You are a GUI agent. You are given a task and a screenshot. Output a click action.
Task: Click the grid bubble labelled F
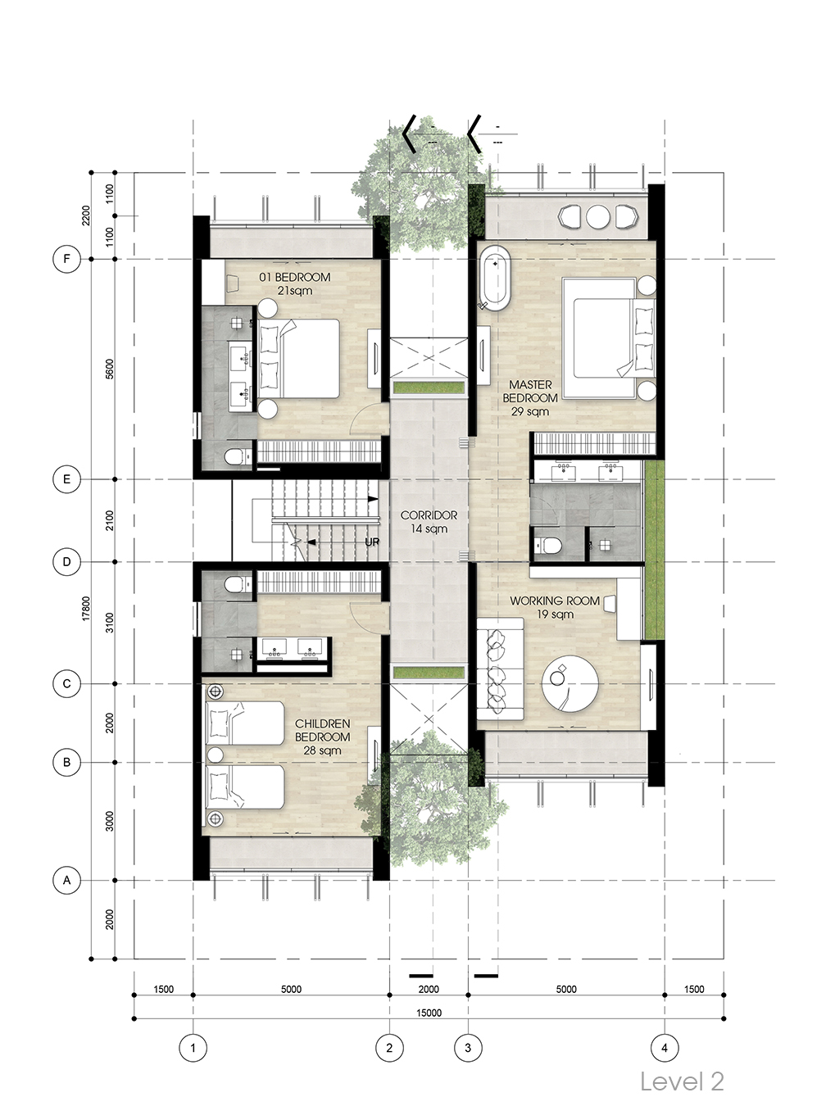(66, 259)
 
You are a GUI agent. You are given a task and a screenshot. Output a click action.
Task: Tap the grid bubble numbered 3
(468, 1048)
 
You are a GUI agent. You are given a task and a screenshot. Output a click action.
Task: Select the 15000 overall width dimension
(429, 1013)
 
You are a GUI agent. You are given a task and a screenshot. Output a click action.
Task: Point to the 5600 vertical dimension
(110, 369)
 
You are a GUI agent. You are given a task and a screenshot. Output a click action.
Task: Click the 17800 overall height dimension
(86, 608)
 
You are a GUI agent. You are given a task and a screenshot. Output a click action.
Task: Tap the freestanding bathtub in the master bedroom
(494, 279)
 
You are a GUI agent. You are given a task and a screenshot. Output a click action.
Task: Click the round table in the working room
(570, 684)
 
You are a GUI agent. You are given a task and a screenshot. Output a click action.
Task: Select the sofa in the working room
(500, 669)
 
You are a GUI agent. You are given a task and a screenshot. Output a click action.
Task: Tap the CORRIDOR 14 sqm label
(429, 522)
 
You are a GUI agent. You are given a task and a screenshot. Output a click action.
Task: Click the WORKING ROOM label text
(554, 601)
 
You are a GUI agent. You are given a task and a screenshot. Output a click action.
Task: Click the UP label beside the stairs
(372, 542)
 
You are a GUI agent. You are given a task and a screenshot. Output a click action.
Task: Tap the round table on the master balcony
(599, 217)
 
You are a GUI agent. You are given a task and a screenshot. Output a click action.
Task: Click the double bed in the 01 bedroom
(298, 358)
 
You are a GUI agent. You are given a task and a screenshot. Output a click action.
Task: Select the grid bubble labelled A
(66, 881)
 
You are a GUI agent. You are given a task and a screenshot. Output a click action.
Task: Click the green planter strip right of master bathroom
(655, 550)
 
